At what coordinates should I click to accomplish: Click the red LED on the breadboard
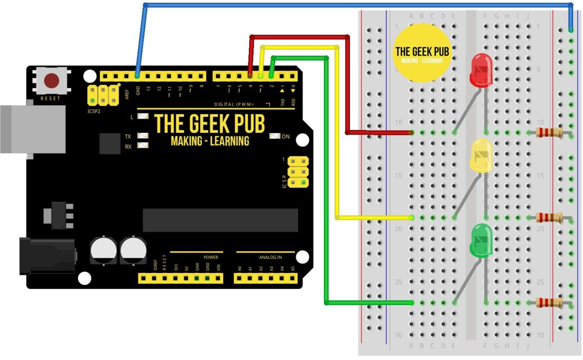point(481,70)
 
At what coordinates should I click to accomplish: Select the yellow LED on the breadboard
point(481,156)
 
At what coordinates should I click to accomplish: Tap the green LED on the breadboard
point(481,241)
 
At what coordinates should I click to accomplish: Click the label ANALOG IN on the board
point(270,257)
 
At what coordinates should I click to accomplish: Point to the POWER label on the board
point(211,257)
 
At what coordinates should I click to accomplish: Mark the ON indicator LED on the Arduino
point(275,136)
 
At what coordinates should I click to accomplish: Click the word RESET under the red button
point(50,98)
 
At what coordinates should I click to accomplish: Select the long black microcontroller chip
point(220,220)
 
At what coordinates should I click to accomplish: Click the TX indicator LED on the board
point(143,135)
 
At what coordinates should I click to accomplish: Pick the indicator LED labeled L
point(143,117)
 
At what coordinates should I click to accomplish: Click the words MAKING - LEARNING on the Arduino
point(210,141)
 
